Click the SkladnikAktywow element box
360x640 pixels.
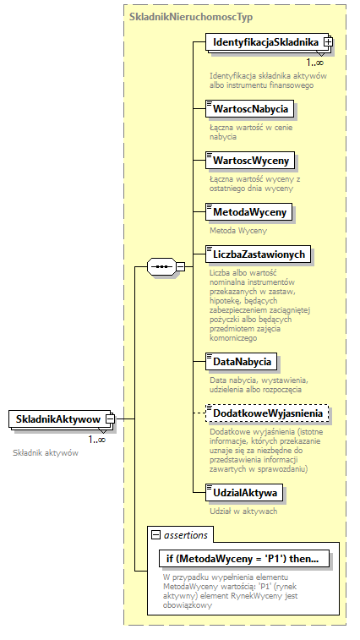(x=57, y=419)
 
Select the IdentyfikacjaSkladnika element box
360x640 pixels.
(x=264, y=42)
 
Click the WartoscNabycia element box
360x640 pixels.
(x=250, y=108)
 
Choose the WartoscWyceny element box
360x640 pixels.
(x=250, y=160)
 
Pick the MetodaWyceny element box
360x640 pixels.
(x=250, y=211)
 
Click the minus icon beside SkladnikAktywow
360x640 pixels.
(x=110, y=419)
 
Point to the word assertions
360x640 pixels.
(x=187, y=535)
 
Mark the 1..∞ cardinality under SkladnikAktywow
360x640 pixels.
(x=96, y=439)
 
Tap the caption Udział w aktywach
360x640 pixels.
(x=243, y=511)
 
